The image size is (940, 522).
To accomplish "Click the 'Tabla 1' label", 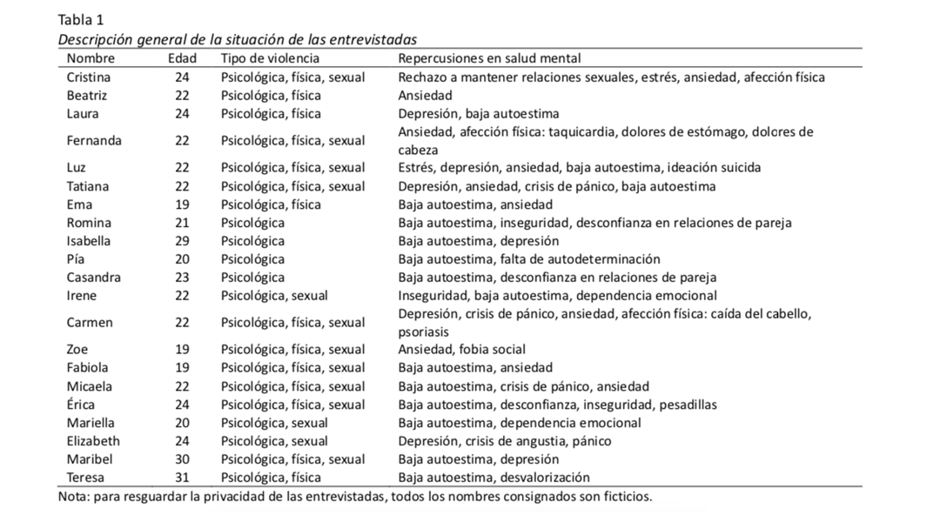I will tap(82, 20).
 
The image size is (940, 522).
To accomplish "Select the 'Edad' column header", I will tap(182, 58).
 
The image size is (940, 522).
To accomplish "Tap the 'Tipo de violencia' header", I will tap(270, 58).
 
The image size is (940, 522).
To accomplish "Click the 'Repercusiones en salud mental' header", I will tap(489, 58).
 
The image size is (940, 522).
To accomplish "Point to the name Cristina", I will tap(88, 77).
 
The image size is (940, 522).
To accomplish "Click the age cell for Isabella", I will tap(182, 241).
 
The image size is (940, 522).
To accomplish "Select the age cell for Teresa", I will tap(182, 477).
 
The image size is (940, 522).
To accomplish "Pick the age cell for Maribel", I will tap(182, 458).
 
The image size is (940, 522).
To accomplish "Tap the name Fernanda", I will tap(94, 140).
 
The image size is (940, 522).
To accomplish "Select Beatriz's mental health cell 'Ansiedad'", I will tap(425, 96).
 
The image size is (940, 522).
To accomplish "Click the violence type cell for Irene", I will tap(274, 296).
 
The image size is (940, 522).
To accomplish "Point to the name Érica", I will tap(81, 405).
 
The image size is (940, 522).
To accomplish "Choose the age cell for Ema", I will tap(182, 204).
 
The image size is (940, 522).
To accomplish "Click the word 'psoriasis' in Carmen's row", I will tap(424, 332).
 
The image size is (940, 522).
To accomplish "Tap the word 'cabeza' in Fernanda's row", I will tap(418, 150).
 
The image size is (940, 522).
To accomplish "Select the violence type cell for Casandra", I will tap(252, 278).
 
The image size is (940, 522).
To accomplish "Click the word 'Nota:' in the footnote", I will tap(75, 497).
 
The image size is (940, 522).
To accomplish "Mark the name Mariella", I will tap(90, 423).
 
